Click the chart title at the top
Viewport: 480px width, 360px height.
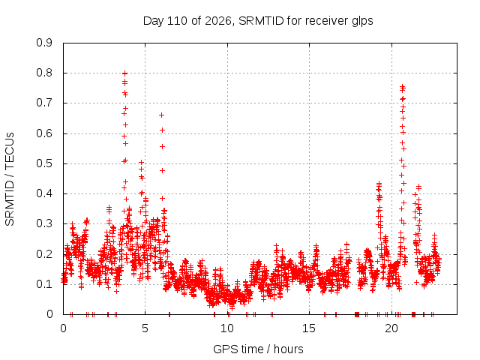tap(258, 21)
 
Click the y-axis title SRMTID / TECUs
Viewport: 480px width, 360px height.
tap(10, 179)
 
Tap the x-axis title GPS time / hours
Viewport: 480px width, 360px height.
tap(258, 349)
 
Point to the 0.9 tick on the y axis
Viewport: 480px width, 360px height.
tap(44, 43)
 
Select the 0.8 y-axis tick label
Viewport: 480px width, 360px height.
tap(44, 73)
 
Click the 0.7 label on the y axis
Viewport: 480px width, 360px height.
tap(44, 103)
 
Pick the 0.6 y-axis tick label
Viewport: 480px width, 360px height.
tap(44, 133)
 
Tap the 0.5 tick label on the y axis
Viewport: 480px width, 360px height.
tap(44, 163)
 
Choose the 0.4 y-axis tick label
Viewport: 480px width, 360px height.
tap(44, 193)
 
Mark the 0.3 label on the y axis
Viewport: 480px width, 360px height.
tap(44, 223)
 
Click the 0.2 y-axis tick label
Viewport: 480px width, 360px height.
tap(44, 254)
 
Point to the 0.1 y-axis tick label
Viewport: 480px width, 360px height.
tap(44, 284)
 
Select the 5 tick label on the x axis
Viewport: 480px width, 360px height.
tap(145, 328)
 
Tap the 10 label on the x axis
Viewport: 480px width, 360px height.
tap(227, 328)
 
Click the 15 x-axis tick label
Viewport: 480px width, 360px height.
tap(309, 328)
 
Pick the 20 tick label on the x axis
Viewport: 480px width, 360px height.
tap(391, 328)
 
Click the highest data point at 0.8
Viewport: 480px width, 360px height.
tap(124, 73)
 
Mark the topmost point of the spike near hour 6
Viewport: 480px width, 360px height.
tap(162, 115)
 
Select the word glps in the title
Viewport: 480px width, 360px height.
tap(362, 22)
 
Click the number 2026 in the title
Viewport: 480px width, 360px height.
tap(218, 21)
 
